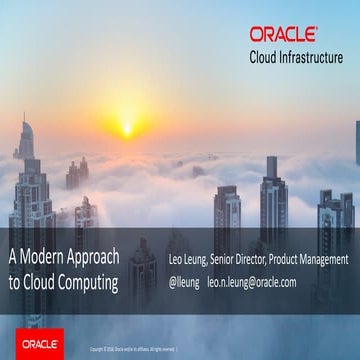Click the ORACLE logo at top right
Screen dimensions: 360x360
[x=283, y=35]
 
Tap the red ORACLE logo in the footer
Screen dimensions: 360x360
[x=36, y=343]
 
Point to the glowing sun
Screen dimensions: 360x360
[x=126, y=127]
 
